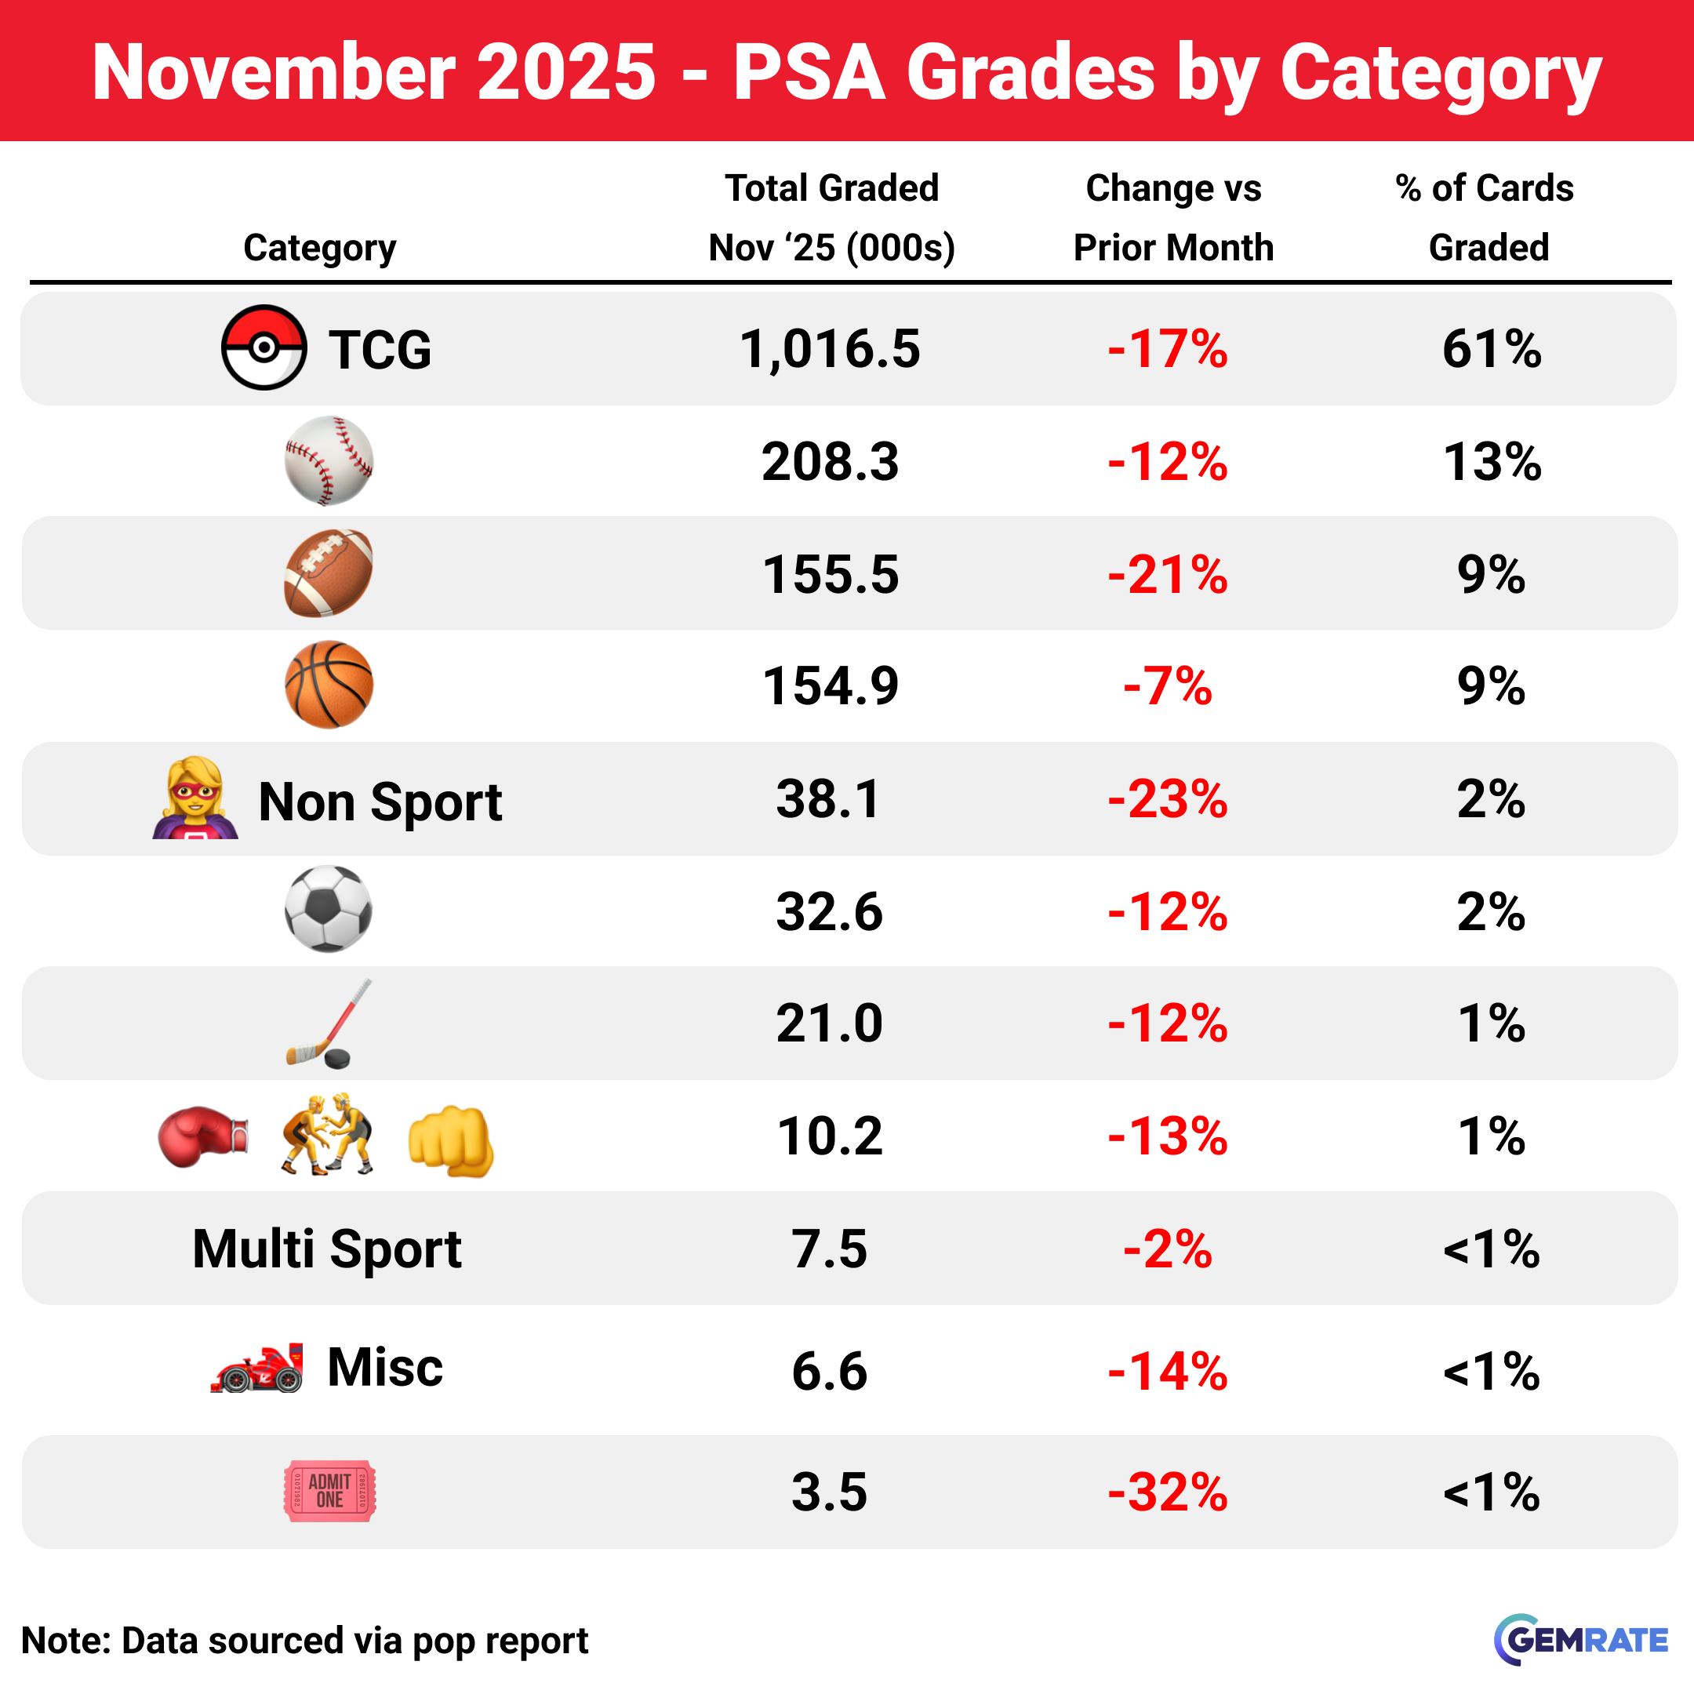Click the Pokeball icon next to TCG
[x=263, y=347]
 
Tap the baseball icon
[x=329, y=460]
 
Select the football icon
[x=329, y=573]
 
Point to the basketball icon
[x=329, y=685]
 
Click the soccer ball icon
[x=329, y=909]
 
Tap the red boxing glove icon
[x=202, y=1136]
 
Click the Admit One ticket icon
[x=329, y=1491]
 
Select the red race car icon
[x=258, y=1369]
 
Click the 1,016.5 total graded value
[x=830, y=349]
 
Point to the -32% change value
[x=1167, y=1492]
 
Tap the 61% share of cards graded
[x=1492, y=349]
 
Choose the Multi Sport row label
[x=326, y=1249]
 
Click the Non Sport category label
[x=380, y=802]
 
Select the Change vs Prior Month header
[x=1173, y=217]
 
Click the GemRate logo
[x=1581, y=1640]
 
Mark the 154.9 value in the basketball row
[x=830, y=685]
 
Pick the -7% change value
[x=1167, y=685]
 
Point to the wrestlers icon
[x=327, y=1135]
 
